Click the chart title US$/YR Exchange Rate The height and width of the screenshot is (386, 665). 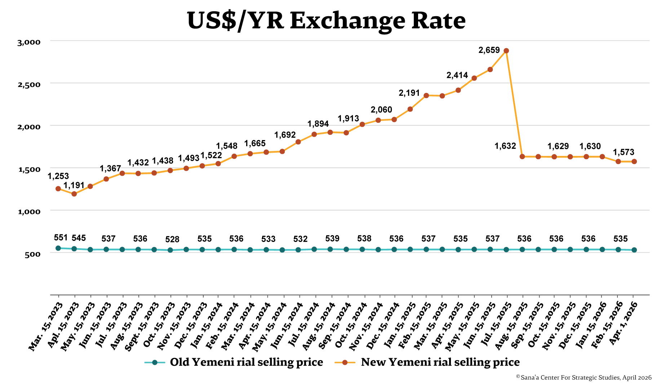[326, 21]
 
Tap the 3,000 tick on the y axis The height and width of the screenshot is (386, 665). [29, 42]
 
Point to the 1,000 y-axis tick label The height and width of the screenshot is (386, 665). [29, 212]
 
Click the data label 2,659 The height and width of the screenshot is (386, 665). [489, 50]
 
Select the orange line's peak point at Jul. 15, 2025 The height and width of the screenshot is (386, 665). [506, 51]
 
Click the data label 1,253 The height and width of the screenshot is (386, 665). [58, 176]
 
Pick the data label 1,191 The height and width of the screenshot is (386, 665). [74, 185]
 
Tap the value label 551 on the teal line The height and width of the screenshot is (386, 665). [61, 238]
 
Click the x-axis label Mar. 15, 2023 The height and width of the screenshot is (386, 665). [46, 326]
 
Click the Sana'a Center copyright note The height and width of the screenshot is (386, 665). [584, 378]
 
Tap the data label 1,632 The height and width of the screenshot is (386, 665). [505, 146]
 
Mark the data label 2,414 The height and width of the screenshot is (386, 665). [457, 76]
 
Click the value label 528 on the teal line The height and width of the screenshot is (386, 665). [172, 240]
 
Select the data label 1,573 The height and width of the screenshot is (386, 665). [624, 152]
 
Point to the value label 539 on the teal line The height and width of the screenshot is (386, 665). [332, 239]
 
